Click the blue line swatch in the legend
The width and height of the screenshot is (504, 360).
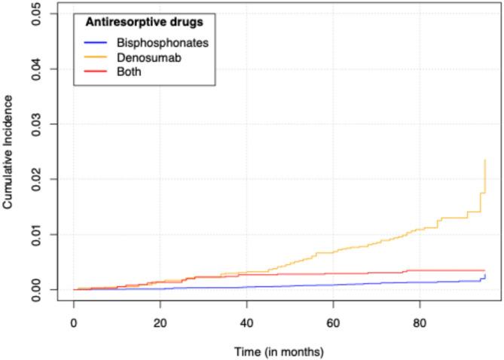point(95,43)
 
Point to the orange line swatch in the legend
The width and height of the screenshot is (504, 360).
point(95,57)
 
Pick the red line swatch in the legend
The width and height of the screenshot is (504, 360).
point(95,72)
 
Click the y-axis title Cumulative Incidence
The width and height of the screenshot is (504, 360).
point(8,151)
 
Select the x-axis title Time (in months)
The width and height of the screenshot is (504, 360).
point(279,352)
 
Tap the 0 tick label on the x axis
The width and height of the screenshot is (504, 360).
point(74,322)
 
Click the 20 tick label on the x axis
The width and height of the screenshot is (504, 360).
point(160,322)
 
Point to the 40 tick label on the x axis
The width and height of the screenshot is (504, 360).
point(246,322)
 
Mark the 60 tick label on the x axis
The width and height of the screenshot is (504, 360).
point(333,322)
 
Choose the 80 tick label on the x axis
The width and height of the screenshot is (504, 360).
point(420,322)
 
